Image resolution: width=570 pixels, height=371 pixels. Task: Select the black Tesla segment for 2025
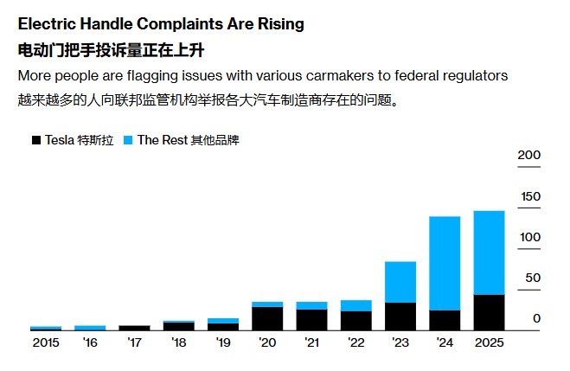click(x=489, y=312)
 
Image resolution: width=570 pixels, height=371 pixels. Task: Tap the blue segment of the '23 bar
click(x=400, y=282)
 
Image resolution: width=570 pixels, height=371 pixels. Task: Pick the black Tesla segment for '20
click(x=267, y=318)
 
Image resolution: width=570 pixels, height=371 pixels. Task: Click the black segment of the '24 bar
click(x=445, y=320)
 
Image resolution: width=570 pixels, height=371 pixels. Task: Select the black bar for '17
click(x=134, y=328)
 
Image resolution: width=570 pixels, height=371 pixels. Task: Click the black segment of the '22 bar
click(x=355, y=321)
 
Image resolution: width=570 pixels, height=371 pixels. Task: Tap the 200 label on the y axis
click(x=529, y=155)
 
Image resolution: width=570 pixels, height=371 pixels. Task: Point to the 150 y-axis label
click(x=529, y=196)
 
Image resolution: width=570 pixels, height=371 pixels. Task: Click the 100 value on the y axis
click(x=529, y=237)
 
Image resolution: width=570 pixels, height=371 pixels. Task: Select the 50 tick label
click(x=532, y=278)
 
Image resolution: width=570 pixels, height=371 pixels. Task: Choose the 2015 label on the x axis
click(x=45, y=343)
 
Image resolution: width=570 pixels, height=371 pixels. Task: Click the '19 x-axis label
click(x=223, y=343)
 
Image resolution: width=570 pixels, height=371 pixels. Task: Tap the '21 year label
click(x=311, y=343)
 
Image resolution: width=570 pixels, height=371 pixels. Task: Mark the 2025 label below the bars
click(x=489, y=343)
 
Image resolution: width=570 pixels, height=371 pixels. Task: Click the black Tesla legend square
click(x=36, y=140)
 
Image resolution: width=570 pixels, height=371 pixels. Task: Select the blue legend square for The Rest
click(x=128, y=140)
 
